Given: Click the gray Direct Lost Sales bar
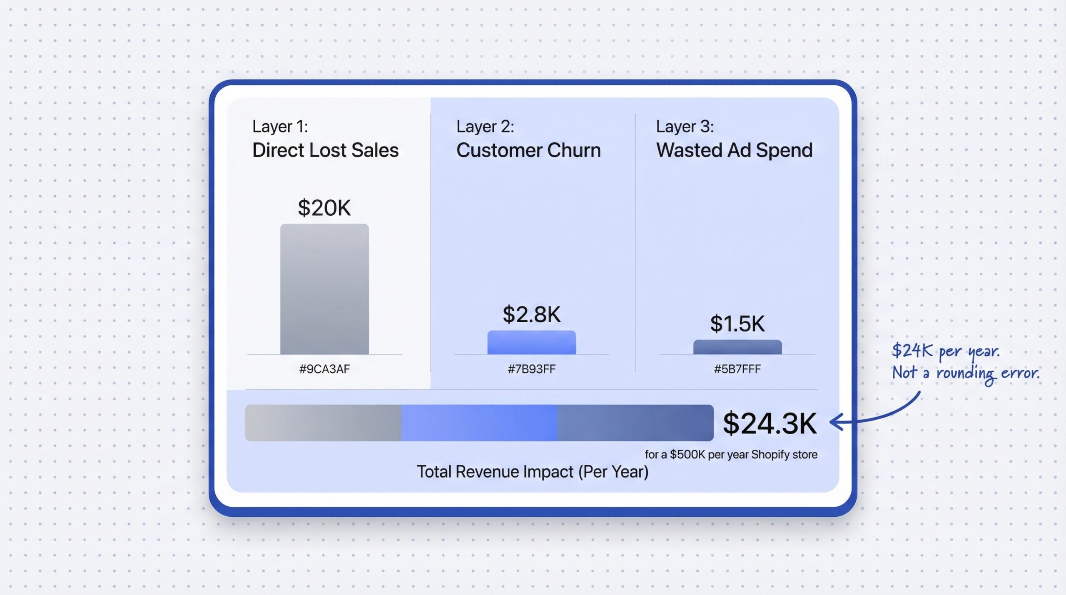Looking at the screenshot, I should (x=324, y=289).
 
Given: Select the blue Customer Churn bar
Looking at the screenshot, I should (x=531, y=343).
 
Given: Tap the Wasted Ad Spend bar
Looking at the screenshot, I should (x=737, y=347).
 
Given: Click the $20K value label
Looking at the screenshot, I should (x=324, y=208).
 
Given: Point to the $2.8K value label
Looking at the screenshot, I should (x=531, y=314).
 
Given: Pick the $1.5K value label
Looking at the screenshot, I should (x=737, y=324).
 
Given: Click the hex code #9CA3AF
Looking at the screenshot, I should (x=324, y=369).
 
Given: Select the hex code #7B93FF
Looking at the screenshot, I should (x=531, y=369).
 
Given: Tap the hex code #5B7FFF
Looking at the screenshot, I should (x=737, y=369).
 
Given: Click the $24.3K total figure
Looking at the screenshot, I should (x=770, y=423).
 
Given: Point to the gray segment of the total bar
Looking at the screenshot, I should (x=323, y=423).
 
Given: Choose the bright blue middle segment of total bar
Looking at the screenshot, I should (x=479, y=423).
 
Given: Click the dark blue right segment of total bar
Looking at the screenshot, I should (x=635, y=423).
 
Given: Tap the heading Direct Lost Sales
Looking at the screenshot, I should (x=325, y=150).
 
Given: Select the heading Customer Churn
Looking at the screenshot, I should (x=528, y=150).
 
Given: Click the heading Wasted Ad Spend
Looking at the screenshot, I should (x=734, y=150).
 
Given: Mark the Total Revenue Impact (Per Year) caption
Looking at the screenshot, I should (x=533, y=472).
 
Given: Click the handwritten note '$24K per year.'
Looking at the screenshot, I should (x=945, y=351).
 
